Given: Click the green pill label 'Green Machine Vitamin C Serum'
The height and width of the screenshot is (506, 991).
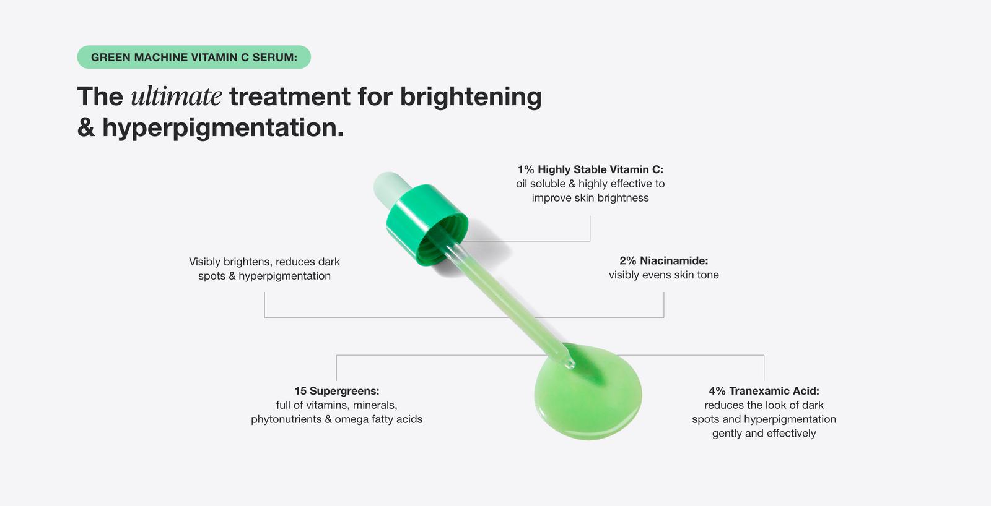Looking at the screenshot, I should pos(194,57).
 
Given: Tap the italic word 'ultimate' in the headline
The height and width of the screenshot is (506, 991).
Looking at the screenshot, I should pos(177,96).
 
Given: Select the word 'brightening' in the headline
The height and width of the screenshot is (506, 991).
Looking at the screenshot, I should pos(471,96).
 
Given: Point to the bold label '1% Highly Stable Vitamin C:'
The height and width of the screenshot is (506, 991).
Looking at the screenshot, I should pos(590,169).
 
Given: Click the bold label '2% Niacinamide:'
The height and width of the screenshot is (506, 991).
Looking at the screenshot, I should pos(663,261).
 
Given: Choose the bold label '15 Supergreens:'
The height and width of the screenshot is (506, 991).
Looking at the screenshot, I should pos(336,391).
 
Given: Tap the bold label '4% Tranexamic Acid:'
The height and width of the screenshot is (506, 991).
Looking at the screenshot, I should pos(764,391).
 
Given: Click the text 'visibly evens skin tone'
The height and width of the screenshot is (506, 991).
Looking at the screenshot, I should pos(663,275).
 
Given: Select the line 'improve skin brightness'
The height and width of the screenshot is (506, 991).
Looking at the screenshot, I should pos(590,198).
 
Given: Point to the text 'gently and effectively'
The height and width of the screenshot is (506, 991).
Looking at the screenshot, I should pos(764,434).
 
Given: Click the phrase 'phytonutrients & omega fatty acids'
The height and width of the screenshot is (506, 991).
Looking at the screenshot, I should pos(336,419).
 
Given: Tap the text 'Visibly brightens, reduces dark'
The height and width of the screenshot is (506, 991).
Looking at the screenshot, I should pos(264,262).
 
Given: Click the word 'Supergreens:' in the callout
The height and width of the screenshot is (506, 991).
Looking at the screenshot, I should pos(344,391).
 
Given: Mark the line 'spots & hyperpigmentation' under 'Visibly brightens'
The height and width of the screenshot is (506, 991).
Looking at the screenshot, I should pos(264,276).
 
